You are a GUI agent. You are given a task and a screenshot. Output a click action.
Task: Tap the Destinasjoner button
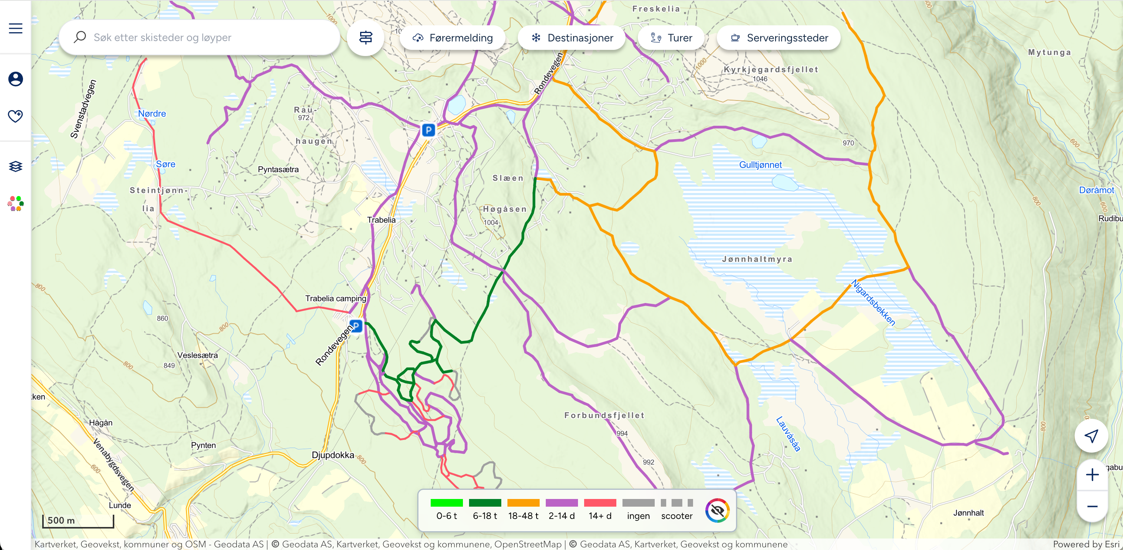click(571, 38)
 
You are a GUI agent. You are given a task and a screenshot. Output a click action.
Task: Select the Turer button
click(671, 38)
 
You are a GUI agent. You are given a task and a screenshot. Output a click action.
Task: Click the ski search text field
click(205, 38)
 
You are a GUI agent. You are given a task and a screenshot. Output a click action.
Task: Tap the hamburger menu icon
click(16, 28)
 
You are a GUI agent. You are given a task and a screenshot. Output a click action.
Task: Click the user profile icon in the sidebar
click(16, 79)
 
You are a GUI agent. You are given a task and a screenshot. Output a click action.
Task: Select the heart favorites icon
click(16, 116)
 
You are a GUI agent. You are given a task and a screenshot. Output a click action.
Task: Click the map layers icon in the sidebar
click(16, 166)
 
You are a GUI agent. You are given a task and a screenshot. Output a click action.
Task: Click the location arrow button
click(1091, 436)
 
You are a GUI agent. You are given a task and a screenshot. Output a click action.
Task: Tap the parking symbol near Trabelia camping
click(356, 326)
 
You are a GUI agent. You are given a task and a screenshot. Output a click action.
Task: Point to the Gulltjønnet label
click(760, 165)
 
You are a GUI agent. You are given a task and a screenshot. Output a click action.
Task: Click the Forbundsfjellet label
click(604, 415)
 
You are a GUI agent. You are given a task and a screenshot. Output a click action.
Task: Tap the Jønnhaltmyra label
click(757, 259)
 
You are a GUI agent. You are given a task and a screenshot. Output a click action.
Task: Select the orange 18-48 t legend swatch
click(523, 503)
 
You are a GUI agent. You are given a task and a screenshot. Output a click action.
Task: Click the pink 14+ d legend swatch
click(600, 503)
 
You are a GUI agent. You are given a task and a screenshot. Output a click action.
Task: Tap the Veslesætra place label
click(198, 355)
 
